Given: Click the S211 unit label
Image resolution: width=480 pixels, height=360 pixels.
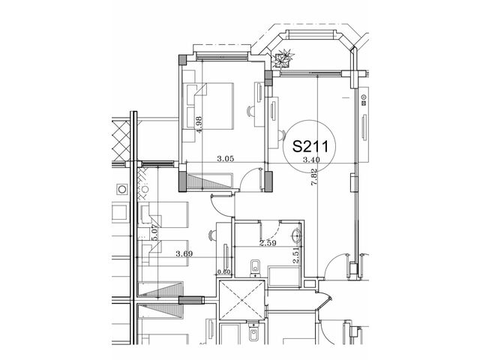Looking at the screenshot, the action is pyautogui.click(x=310, y=146).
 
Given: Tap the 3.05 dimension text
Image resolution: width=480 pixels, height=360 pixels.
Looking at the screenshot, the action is pyautogui.click(x=225, y=158).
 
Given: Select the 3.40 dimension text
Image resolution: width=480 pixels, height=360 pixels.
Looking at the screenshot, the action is pyautogui.click(x=311, y=160).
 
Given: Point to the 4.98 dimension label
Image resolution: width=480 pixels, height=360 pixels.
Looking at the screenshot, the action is pyautogui.click(x=199, y=124).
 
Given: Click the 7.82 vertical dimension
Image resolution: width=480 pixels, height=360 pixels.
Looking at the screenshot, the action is pyautogui.click(x=313, y=178).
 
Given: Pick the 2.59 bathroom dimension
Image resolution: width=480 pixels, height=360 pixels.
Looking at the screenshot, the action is pyautogui.click(x=268, y=243).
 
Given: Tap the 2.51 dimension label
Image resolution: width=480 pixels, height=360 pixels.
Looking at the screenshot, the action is pyautogui.click(x=295, y=256).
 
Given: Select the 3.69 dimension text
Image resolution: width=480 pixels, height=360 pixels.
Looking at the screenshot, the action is pyautogui.click(x=184, y=253).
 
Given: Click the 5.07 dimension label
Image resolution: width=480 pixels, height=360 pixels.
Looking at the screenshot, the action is pyautogui.click(x=154, y=232).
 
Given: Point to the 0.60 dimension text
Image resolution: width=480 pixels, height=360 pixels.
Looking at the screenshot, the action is pyautogui.click(x=223, y=271).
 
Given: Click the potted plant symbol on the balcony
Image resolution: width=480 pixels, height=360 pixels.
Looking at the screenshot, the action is pyautogui.click(x=283, y=58).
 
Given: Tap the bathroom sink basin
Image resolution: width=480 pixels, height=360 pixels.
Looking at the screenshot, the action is pyautogui.click(x=296, y=235).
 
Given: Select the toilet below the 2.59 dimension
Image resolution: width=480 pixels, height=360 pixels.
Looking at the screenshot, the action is pyautogui.click(x=255, y=268).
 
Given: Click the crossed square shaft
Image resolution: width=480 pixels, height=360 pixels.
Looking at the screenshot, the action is pyautogui.click(x=241, y=300).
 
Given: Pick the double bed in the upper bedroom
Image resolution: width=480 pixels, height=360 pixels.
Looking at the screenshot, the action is pyautogui.click(x=210, y=106).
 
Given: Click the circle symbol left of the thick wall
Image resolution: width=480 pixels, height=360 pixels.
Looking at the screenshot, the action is pyautogui.click(x=122, y=190).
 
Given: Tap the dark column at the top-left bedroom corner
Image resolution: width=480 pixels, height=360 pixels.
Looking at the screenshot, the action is pyautogui.click(x=182, y=60).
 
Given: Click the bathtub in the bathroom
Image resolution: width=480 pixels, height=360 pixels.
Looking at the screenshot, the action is pyautogui.click(x=283, y=277).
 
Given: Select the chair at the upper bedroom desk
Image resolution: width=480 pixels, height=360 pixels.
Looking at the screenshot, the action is pyautogui.click(x=250, y=111).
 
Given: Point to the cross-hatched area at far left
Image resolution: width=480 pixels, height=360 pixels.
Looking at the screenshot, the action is pyautogui.click(x=121, y=141).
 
